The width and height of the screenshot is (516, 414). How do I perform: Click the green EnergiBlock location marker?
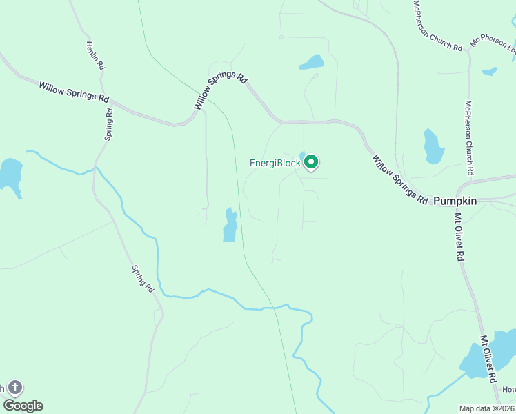tap(311, 162)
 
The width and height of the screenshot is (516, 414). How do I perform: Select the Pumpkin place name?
tap(455, 200)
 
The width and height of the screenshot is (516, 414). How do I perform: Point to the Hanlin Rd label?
tap(95, 55)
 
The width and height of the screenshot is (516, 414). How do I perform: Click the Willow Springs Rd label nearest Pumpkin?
tap(399, 179)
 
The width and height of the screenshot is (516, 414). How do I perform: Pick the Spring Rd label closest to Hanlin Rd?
tap(109, 124)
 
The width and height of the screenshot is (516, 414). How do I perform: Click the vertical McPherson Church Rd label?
tap(468, 138)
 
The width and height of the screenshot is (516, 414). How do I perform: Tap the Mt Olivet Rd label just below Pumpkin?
tap(458, 236)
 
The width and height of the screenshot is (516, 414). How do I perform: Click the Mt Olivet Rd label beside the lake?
tap(488, 359)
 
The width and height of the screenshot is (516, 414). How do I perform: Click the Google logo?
tap(23, 406)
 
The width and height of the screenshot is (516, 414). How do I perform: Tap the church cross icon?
tap(15, 388)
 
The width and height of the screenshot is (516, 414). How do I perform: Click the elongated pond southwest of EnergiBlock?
tap(230, 225)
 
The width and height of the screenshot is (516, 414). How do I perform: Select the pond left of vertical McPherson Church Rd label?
tap(433, 146)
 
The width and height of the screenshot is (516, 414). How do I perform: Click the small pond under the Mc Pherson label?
tap(490, 71)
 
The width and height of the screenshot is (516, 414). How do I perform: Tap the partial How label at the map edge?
tap(509, 390)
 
